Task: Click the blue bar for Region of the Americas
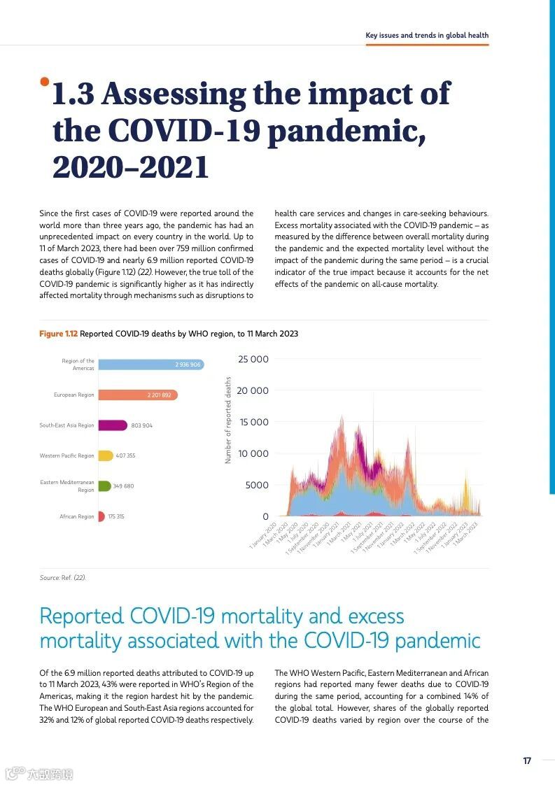[x=150, y=365]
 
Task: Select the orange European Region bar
[x=137, y=395]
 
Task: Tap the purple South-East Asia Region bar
[x=112, y=425]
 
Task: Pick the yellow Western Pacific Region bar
[x=106, y=455]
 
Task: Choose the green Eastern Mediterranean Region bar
[x=104, y=486]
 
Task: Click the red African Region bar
[x=101, y=516]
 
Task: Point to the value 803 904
[x=142, y=425]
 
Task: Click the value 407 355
[x=126, y=455]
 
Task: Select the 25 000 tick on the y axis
[x=253, y=360]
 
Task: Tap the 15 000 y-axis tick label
[x=253, y=422]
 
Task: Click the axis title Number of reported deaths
[x=228, y=420]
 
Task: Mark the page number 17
[x=527, y=761]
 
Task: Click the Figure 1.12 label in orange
[x=58, y=334]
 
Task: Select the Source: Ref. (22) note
[x=63, y=577]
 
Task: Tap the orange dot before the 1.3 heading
[x=45, y=82]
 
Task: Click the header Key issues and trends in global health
[x=427, y=35]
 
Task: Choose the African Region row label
[x=76, y=516]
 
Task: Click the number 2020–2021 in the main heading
[x=131, y=167]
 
